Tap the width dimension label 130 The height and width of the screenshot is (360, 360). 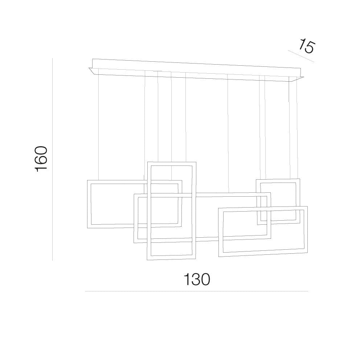point(197,279)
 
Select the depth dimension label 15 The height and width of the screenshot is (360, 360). point(307,47)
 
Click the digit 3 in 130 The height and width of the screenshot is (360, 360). point(197,279)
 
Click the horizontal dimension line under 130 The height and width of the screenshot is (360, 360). point(197,291)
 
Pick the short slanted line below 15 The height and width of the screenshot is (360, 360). point(301,56)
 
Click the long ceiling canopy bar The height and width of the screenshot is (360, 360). point(196,70)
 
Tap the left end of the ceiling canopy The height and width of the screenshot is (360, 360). point(89,68)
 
